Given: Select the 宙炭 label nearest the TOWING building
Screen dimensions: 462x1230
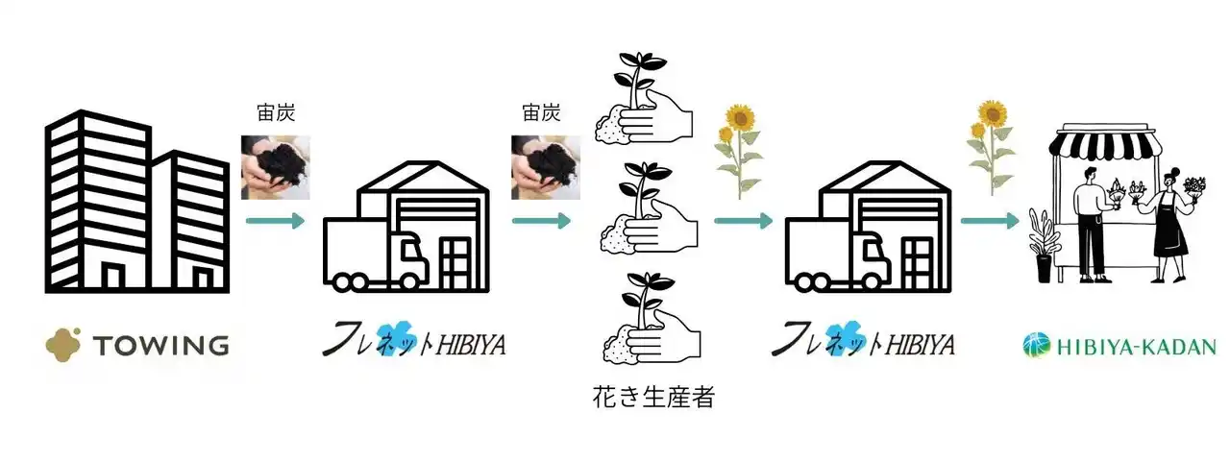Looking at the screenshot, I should [x=277, y=113].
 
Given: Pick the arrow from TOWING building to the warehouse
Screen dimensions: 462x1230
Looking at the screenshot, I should [x=275, y=223].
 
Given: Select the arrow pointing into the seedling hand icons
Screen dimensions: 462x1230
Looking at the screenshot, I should [x=541, y=222].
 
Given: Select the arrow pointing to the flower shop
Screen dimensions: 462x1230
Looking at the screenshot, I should [x=990, y=222].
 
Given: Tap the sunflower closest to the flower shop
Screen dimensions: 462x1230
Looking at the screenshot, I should [x=989, y=144].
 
